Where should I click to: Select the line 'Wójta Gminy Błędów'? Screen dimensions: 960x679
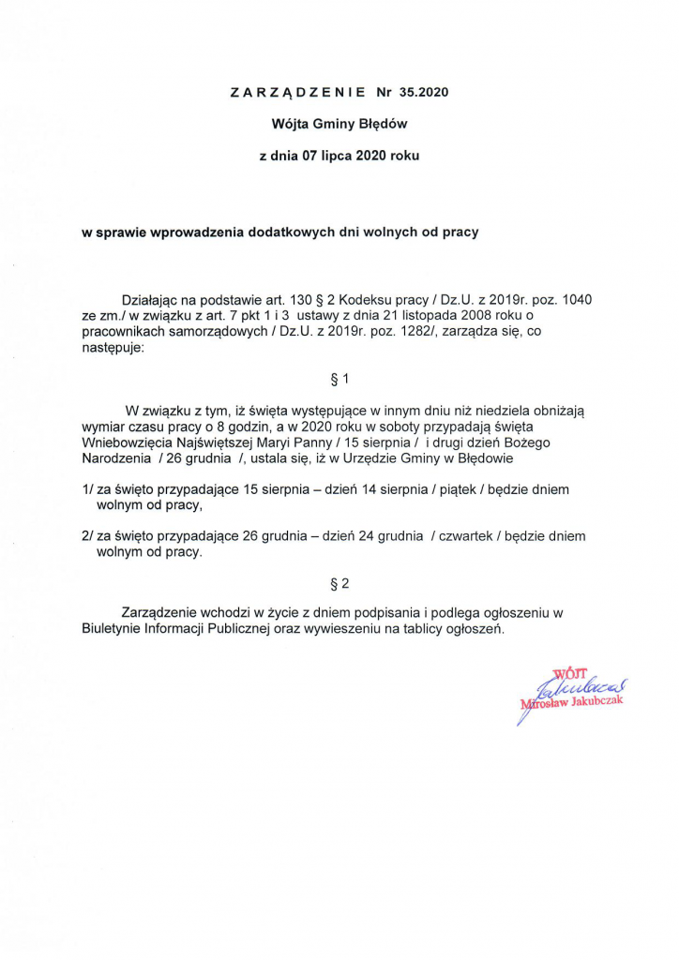pos(339,123)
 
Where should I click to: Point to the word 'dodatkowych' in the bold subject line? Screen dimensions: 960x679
pos(280,232)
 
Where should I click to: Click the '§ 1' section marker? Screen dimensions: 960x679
pos(339,379)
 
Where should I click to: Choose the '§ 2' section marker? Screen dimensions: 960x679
pos(339,583)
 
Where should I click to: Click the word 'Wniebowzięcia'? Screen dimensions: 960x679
pos(127,442)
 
